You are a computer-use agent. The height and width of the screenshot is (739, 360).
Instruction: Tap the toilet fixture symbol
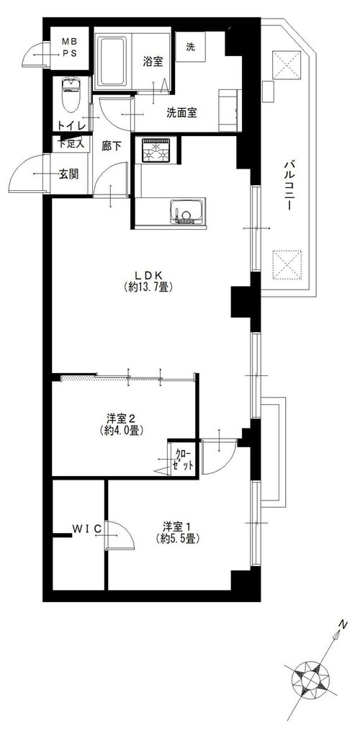[71, 95]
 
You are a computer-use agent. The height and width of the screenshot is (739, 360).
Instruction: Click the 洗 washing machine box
[190, 47]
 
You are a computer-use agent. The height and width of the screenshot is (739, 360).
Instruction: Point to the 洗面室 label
[181, 113]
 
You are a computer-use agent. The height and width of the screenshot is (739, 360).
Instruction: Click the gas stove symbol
[156, 151]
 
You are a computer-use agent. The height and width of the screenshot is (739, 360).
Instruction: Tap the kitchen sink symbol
[188, 212]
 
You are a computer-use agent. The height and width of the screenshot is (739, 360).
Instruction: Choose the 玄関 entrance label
[68, 174]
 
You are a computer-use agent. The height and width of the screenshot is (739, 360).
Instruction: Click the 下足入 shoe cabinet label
[71, 143]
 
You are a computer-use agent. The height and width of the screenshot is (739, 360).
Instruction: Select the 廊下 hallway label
[112, 146]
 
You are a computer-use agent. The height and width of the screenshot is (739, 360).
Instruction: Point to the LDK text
[148, 274]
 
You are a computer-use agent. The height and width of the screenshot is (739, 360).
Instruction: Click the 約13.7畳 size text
[148, 287]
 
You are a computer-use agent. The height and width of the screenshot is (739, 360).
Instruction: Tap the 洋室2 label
[121, 418]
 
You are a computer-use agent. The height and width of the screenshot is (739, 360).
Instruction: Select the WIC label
[86, 529]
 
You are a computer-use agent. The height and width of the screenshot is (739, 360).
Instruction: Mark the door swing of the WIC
[121, 535]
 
